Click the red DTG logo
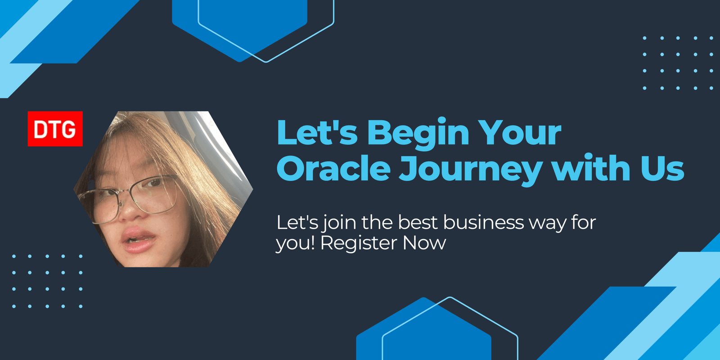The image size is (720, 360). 55,129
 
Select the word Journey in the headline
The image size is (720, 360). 471,170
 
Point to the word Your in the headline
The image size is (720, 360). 519,132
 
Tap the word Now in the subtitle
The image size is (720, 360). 424,243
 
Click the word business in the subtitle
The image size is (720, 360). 461,222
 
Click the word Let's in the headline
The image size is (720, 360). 317,132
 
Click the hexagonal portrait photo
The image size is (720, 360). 163,189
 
